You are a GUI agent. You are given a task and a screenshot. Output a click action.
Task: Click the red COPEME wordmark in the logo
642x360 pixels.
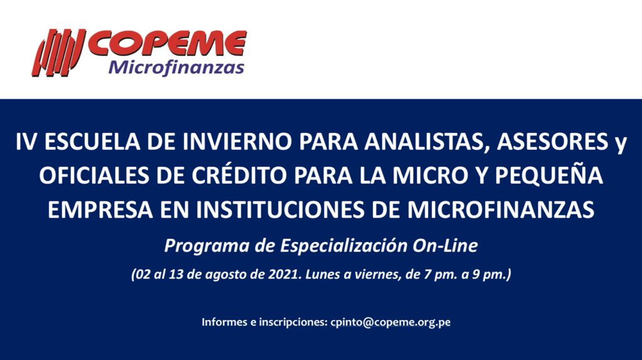[x=167, y=44]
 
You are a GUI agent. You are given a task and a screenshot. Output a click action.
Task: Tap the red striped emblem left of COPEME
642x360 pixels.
[x=58, y=53]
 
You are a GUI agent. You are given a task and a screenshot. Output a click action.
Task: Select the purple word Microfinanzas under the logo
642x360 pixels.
[x=176, y=67]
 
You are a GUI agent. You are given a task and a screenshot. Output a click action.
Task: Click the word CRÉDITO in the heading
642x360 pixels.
[x=239, y=174]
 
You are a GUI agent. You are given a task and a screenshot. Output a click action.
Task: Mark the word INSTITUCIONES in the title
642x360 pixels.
[x=280, y=209]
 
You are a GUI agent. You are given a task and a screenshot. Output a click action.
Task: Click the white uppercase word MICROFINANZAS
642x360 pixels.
[x=500, y=209]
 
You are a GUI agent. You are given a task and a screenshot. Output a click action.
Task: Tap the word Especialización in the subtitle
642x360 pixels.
[x=344, y=246]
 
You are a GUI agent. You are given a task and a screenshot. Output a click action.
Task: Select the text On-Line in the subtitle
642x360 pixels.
[x=445, y=246]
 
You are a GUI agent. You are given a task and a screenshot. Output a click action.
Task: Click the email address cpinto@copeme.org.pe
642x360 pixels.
[x=390, y=322]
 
